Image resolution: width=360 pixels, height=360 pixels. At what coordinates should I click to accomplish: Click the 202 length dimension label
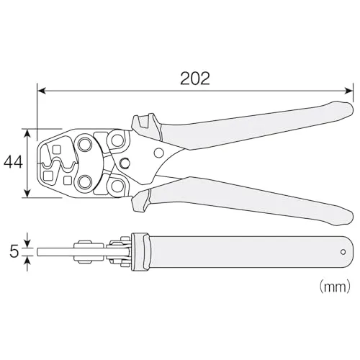pos(195,78)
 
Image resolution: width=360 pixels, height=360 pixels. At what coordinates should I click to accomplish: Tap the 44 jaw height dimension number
pos(14,162)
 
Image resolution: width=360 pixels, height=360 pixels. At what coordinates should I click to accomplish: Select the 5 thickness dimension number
pos(14,252)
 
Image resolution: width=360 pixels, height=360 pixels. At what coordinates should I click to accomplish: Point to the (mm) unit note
pos(335,287)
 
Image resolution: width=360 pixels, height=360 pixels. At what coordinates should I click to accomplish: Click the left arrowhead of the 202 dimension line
pos(41,91)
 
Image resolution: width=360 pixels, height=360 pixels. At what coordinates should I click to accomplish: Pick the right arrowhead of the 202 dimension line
pos(348,91)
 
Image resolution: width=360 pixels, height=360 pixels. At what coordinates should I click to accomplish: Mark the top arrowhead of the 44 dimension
pos(28,133)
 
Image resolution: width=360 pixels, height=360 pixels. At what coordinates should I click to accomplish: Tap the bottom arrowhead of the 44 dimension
pos(28,194)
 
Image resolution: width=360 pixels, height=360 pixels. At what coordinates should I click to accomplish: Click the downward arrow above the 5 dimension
pos(28,240)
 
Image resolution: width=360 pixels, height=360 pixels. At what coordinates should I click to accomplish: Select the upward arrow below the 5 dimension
pos(28,264)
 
